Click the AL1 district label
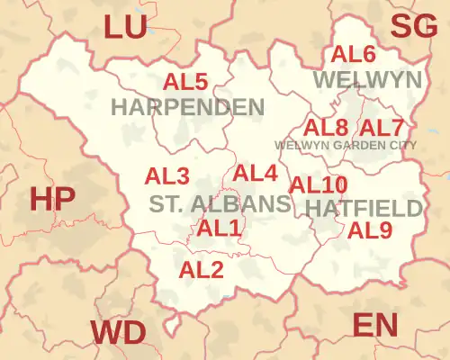coord(220,229)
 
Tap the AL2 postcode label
coord(202,268)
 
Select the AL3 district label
coord(167,175)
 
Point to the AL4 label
coord(256,173)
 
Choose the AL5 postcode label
coord(185,82)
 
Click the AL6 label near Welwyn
coord(354,54)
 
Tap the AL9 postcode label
coord(370,230)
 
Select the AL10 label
coord(318,184)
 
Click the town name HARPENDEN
coord(187,107)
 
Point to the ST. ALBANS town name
coord(220,203)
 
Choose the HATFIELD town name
coord(364,208)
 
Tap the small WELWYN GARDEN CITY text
coord(346,144)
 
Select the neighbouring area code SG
coord(413,28)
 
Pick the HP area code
coord(52,199)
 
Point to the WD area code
coord(118,333)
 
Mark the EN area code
coord(375,324)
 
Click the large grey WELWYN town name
coord(367,80)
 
